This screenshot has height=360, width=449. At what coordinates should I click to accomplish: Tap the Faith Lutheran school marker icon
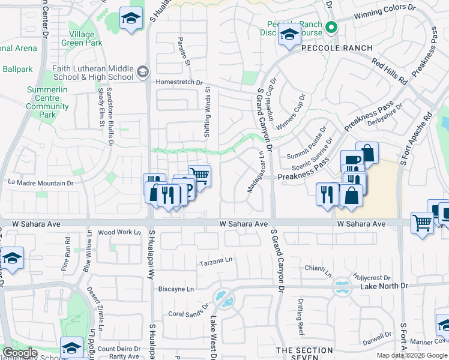point(142,73)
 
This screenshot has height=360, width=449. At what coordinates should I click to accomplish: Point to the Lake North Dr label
point(384,287)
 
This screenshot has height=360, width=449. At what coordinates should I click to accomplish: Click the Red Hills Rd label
point(390,72)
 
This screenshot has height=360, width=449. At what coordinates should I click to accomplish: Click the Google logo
point(20,353)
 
